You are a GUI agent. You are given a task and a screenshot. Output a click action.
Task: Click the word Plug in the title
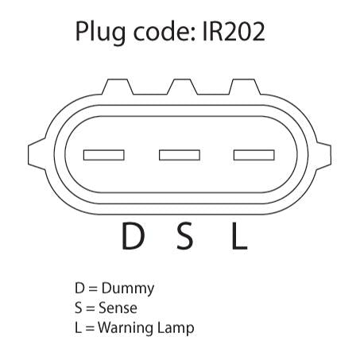point(100,33)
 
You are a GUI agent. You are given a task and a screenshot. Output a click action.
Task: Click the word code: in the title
point(165,31)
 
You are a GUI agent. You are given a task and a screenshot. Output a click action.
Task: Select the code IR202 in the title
point(234,32)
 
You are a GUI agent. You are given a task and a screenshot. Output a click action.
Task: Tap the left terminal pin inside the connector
point(104,155)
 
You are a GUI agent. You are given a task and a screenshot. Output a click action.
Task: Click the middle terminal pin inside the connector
point(180,155)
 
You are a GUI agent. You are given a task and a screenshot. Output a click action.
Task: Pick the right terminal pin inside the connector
point(254,155)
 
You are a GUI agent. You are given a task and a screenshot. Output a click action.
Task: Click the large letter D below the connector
point(133,236)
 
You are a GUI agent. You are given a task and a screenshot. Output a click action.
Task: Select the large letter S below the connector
point(184,236)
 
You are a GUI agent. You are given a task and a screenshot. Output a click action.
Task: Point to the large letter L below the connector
point(239,236)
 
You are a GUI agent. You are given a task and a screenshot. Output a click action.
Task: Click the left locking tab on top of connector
point(118,87)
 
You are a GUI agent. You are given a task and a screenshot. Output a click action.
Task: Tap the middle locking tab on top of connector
point(182,87)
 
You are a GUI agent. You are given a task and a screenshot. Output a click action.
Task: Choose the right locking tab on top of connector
point(245,87)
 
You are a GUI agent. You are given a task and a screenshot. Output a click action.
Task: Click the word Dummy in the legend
point(128,288)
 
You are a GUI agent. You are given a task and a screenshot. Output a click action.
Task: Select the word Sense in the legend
point(118,308)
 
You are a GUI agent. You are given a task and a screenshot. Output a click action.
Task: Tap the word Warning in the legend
point(126,328)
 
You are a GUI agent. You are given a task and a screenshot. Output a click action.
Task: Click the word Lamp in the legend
point(176,328)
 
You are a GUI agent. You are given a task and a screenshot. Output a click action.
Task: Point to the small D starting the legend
point(79,288)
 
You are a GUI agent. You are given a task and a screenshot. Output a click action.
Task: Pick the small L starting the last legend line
point(79,327)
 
